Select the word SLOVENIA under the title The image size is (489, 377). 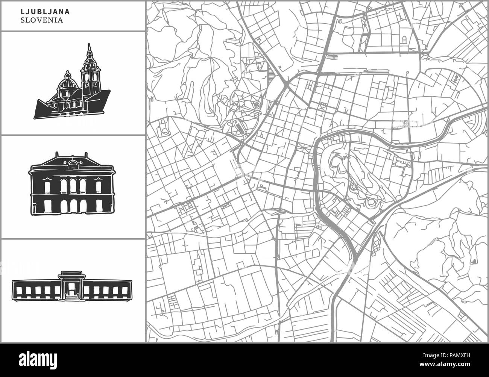42,20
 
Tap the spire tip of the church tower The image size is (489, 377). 89,45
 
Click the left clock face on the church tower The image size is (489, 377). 87,77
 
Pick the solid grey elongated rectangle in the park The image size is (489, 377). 240,129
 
